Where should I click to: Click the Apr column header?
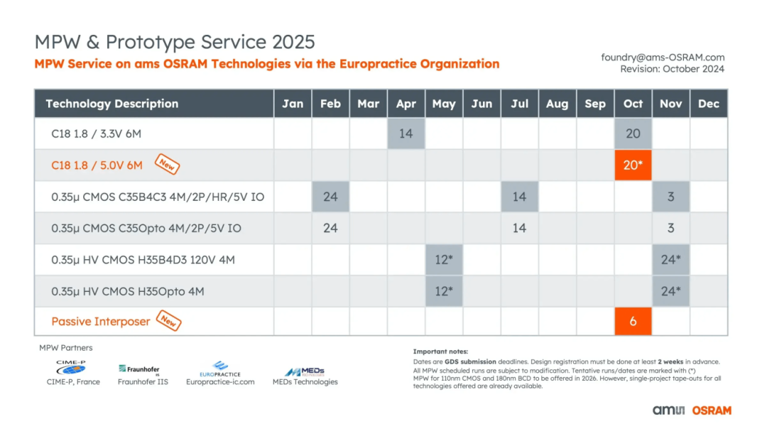click(406, 104)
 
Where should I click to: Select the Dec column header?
click(708, 104)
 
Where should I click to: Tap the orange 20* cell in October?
click(633, 165)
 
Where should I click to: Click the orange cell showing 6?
click(633, 321)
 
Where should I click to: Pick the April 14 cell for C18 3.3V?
click(406, 133)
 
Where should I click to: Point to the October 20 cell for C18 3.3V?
click(633, 133)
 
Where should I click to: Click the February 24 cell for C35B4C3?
click(330, 196)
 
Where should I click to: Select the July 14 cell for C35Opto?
click(519, 228)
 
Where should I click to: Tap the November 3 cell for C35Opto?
click(670, 228)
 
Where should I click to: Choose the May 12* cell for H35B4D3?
click(443, 259)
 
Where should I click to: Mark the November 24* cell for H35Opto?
click(670, 290)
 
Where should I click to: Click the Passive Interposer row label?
click(100, 322)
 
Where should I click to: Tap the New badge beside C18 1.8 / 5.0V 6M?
click(167, 165)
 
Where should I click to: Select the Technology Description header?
click(112, 104)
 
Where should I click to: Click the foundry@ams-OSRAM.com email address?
click(663, 58)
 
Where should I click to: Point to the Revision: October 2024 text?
click(672, 69)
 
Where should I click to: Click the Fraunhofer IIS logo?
click(139, 369)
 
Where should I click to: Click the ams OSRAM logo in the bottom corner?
click(692, 410)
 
